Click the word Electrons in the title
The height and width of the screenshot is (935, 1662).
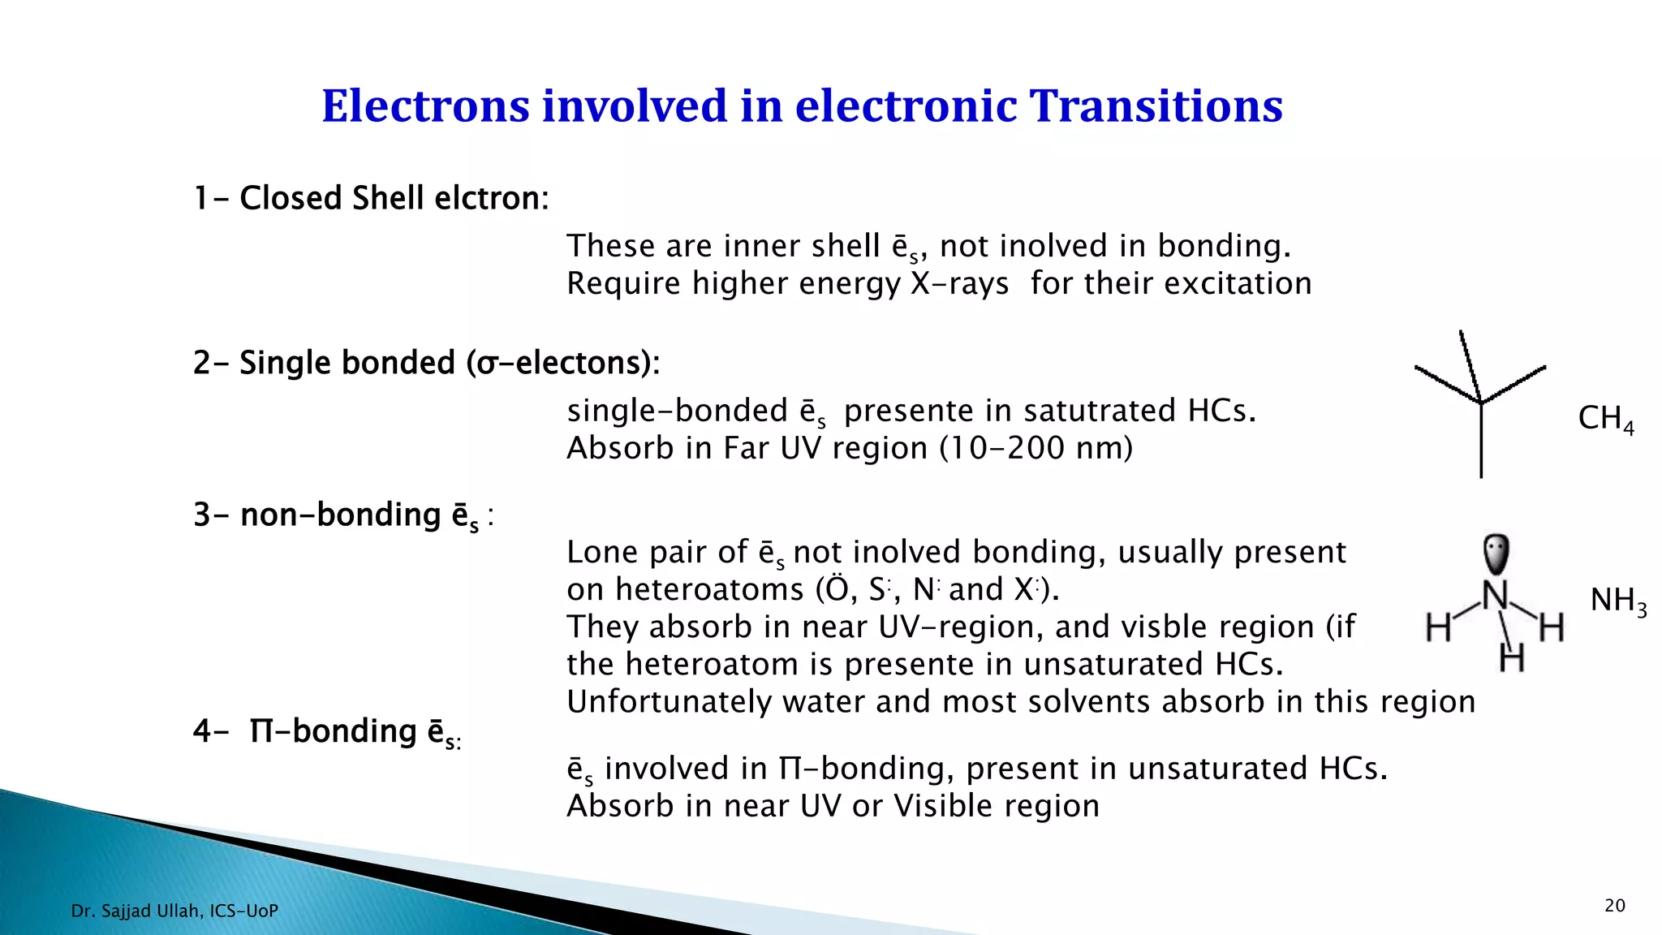[x=425, y=106]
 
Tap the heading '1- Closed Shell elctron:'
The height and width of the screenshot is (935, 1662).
[x=372, y=198]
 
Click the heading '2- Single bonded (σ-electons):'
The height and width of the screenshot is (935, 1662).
[x=427, y=363]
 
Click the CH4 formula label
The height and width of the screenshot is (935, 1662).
[x=1604, y=419]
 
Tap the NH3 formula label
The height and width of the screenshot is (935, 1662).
[x=1617, y=601]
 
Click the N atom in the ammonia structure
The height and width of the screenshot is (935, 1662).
[x=1495, y=597]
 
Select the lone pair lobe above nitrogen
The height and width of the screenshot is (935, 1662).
[x=1495, y=554]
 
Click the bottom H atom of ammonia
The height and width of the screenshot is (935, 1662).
[x=1511, y=657]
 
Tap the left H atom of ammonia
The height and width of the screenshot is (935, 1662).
[x=1439, y=627]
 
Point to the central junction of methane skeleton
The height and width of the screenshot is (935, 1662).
[x=1481, y=403]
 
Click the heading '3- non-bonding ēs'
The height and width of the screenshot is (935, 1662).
[x=343, y=515]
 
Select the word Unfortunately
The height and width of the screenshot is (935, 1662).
[x=669, y=702]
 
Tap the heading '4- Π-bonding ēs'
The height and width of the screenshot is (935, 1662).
[x=327, y=732]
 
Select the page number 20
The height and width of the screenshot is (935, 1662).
[x=1614, y=906]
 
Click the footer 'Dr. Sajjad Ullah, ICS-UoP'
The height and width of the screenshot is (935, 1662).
[x=174, y=911]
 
